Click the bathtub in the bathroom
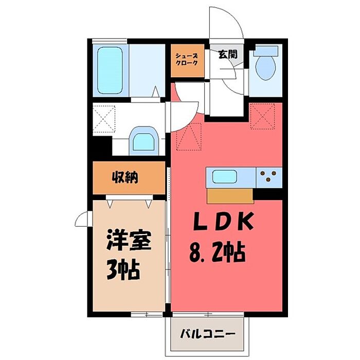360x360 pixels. [110, 70]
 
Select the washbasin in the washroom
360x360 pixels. [143, 141]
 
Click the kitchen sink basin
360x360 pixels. [224, 176]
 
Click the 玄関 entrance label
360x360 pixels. [227, 55]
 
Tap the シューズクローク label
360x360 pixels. [187, 60]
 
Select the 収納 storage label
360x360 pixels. [125, 177]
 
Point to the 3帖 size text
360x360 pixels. [123, 269]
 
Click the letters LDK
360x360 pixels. [224, 222]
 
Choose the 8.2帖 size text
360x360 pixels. [218, 253]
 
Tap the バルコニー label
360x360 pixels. [208, 334]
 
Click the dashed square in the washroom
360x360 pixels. [104, 118]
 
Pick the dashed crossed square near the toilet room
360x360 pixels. [262, 116]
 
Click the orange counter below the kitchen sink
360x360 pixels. [230, 196]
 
